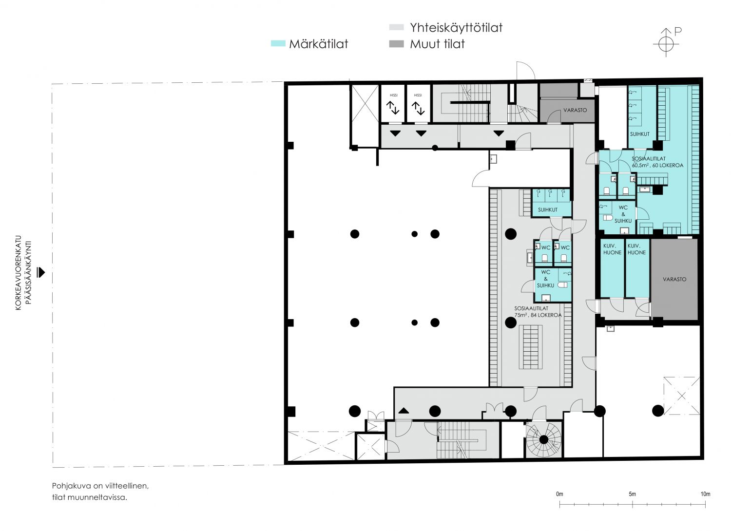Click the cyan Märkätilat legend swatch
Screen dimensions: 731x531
click(x=278, y=43)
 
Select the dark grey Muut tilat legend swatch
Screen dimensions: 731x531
click(x=397, y=44)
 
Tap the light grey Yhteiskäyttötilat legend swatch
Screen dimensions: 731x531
click(x=397, y=27)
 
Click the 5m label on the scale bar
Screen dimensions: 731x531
click(x=633, y=494)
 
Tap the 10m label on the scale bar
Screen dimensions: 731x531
click(x=705, y=494)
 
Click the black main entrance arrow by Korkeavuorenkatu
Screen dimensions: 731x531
click(x=41, y=272)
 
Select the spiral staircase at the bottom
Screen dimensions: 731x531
click(x=543, y=440)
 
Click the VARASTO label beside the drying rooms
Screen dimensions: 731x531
click(x=674, y=279)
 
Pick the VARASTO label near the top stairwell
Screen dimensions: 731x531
click(x=575, y=110)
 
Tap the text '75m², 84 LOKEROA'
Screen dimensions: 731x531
click(x=538, y=315)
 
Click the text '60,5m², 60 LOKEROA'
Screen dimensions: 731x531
click(x=657, y=165)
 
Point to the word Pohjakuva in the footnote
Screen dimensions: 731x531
click(x=71, y=486)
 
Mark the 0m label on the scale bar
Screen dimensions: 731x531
click(x=559, y=494)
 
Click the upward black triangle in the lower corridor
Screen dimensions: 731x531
click(x=404, y=410)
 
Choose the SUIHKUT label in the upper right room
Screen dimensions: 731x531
click(x=639, y=134)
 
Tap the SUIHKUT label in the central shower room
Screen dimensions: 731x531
click(x=548, y=210)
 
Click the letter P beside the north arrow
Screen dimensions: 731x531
click(x=678, y=31)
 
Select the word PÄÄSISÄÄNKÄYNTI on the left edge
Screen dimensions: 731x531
click(x=28, y=273)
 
